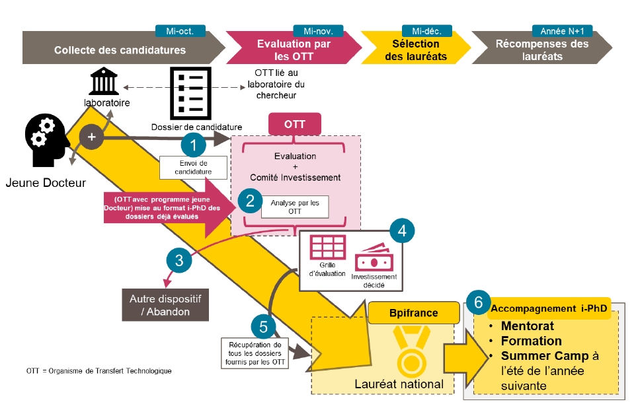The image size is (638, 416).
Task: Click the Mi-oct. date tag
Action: (180, 30)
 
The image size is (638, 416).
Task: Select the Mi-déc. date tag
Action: (426, 30)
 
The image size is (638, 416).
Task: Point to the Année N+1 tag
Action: (561, 30)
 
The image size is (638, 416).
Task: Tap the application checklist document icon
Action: (190, 92)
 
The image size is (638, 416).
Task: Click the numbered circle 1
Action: (194, 144)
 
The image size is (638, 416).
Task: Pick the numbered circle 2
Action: (250, 201)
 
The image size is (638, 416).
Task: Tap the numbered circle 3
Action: (179, 260)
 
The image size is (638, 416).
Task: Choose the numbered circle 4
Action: (402, 230)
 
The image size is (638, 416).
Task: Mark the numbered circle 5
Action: (263, 326)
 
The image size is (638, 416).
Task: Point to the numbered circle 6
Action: (477, 302)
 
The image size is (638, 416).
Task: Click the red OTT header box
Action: (294, 124)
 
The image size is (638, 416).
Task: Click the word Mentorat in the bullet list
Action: (527, 326)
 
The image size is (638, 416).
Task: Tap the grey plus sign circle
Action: (91, 137)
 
